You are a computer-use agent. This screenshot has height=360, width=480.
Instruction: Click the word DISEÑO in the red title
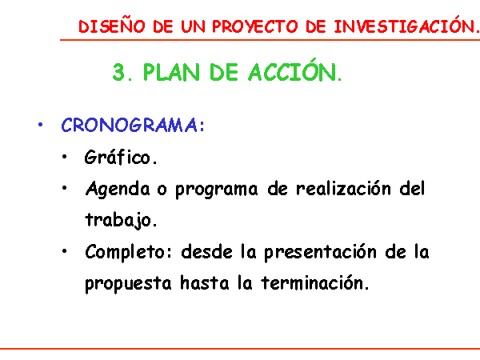pyautogui.click(x=112, y=26)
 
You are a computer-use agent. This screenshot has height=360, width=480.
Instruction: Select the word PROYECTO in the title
pyautogui.click(x=254, y=26)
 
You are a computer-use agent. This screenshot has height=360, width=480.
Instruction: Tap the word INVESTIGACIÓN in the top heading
pyautogui.click(x=404, y=26)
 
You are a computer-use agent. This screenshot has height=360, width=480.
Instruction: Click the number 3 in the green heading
pyautogui.click(x=118, y=72)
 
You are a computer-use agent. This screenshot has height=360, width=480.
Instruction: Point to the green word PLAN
pyautogui.click(x=171, y=72)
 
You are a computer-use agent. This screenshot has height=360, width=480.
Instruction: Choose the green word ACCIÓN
pyautogui.click(x=292, y=70)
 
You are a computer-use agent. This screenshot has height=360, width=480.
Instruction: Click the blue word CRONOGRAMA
pyautogui.click(x=129, y=125)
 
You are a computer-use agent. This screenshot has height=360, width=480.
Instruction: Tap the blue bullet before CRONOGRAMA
pyautogui.click(x=40, y=125)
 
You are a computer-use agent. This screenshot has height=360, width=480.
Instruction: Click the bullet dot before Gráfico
pyautogui.click(x=64, y=157)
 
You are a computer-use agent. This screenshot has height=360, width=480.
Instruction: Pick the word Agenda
pyautogui.click(x=118, y=189)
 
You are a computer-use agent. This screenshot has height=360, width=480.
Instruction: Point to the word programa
pyautogui.click(x=217, y=190)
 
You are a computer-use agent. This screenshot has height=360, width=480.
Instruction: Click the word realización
pyautogui.click(x=343, y=188)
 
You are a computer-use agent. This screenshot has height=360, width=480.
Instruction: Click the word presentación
pyautogui.click(x=320, y=252)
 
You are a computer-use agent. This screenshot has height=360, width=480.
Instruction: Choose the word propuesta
pyautogui.click(x=128, y=284)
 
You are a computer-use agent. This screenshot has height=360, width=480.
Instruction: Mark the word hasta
pyautogui.click(x=205, y=282)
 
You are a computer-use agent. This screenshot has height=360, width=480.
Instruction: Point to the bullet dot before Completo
pyautogui.click(x=64, y=251)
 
